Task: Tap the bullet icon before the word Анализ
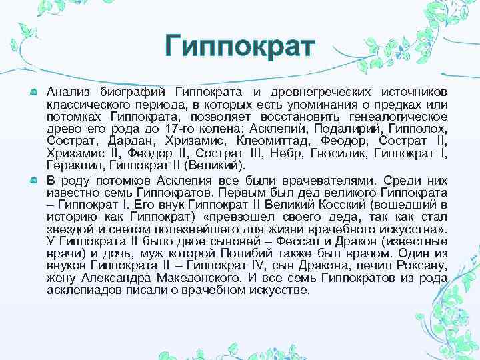point(34,91)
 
